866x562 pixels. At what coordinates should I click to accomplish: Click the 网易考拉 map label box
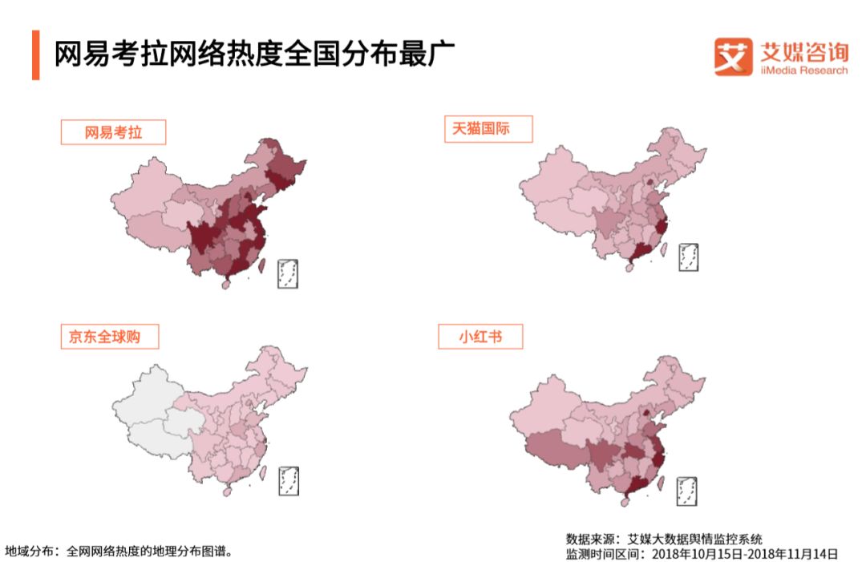[x=113, y=132]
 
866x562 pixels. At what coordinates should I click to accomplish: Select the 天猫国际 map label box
[x=488, y=129]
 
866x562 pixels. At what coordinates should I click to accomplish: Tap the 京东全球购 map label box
[x=109, y=336]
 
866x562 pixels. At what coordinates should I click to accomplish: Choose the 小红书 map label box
[x=480, y=336]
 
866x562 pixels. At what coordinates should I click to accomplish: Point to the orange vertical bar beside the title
[x=35, y=55]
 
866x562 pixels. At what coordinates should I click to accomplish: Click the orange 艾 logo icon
[x=733, y=57]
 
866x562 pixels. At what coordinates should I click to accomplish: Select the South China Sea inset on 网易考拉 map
[x=287, y=273]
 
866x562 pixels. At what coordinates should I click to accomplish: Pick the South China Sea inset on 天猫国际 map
[x=688, y=256]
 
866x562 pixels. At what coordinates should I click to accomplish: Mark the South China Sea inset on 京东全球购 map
[x=288, y=480]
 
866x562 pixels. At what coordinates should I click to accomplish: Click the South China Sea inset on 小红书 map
[x=686, y=491]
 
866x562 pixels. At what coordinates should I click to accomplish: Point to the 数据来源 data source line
[x=664, y=538]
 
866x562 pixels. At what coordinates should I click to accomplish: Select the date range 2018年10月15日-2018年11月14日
[x=745, y=553]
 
